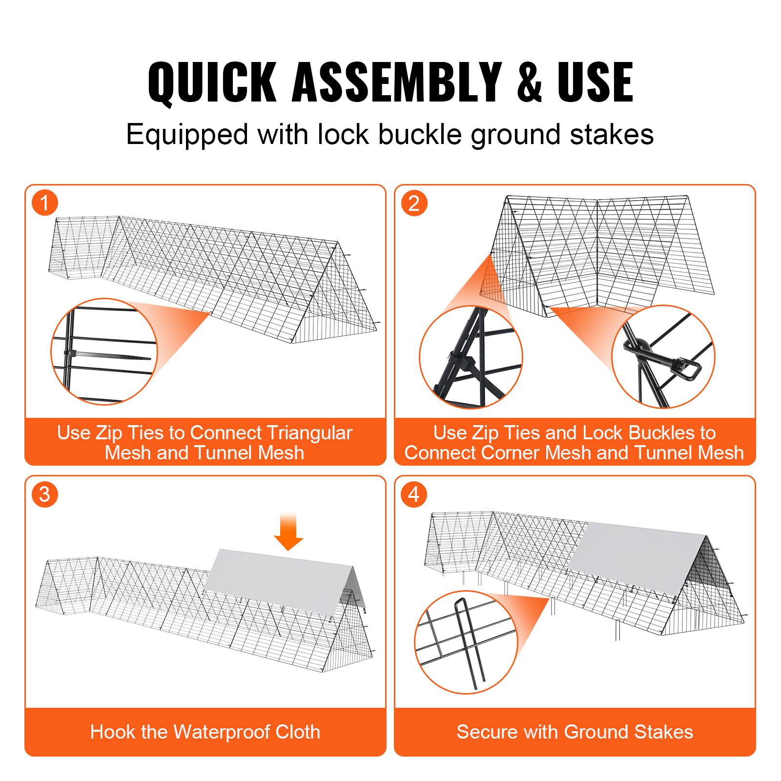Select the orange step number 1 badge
pyautogui.click(x=45, y=203)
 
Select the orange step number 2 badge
pyautogui.click(x=414, y=203)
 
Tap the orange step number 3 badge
pyautogui.click(x=45, y=494)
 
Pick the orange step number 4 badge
pyautogui.click(x=414, y=494)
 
